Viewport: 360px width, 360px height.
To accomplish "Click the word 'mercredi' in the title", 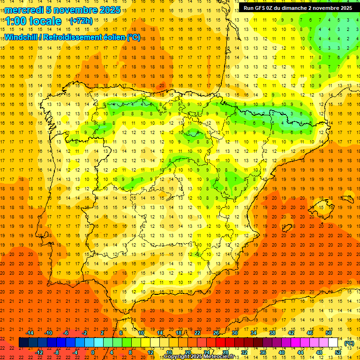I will pyautogui.click(x=23, y=10).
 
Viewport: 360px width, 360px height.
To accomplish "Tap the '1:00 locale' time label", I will pyautogui.click(x=33, y=21).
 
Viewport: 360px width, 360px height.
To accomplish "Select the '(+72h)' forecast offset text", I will pyautogui.click(x=81, y=21).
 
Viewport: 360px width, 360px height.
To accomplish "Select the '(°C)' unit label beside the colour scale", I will pyautogui.click(x=349, y=343).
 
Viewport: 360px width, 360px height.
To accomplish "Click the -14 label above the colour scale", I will pyautogui.click(x=30, y=333).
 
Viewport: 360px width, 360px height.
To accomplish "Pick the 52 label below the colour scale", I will pyautogui.click(x=338, y=352).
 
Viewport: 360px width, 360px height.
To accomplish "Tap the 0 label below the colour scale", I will pyautogui.click(x=93, y=352).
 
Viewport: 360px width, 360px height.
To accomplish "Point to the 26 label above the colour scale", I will pyautogui.click(x=216, y=333).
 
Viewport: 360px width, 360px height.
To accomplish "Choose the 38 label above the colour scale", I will pyautogui.click(x=272, y=333).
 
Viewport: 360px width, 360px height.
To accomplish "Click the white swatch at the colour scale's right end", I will pyautogui.click(x=333, y=343).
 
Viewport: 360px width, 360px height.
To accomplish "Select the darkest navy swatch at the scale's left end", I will pyautogui.click(x=23, y=343).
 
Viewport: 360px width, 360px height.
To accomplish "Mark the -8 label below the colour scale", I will pyautogui.click(x=56, y=352).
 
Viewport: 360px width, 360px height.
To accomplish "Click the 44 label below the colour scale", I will pyautogui.click(x=300, y=352).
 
